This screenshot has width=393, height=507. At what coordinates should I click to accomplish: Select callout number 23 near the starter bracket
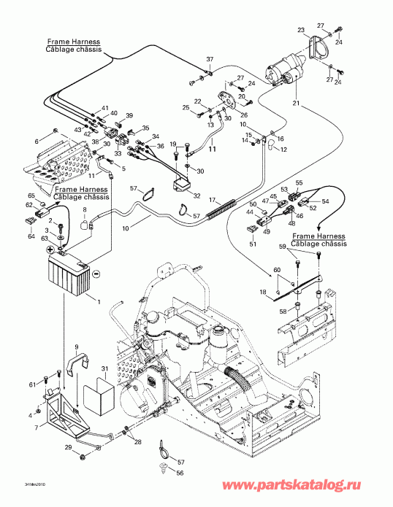pos(301,31)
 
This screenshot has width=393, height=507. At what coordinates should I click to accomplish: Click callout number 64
pos(31,236)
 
